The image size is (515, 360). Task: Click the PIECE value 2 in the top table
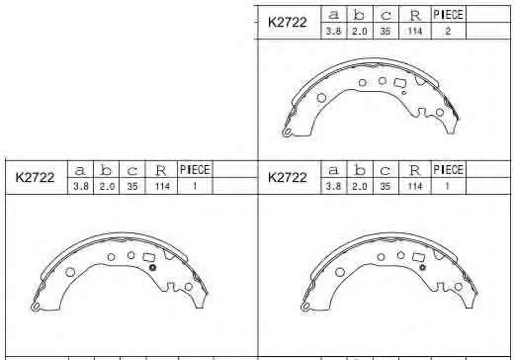[x=448, y=32]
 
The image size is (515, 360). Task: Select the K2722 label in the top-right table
[x=288, y=23]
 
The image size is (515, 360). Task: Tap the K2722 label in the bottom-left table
[x=35, y=177]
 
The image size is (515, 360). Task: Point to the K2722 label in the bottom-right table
[x=288, y=177]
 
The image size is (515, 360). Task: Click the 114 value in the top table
[x=415, y=32]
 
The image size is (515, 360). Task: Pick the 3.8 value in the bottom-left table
[x=81, y=187]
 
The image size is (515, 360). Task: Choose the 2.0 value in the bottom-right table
[x=360, y=187]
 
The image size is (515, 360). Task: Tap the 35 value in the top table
[x=386, y=32]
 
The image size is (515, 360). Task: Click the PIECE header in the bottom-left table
[x=195, y=170]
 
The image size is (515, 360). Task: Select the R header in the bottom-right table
[x=414, y=170]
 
